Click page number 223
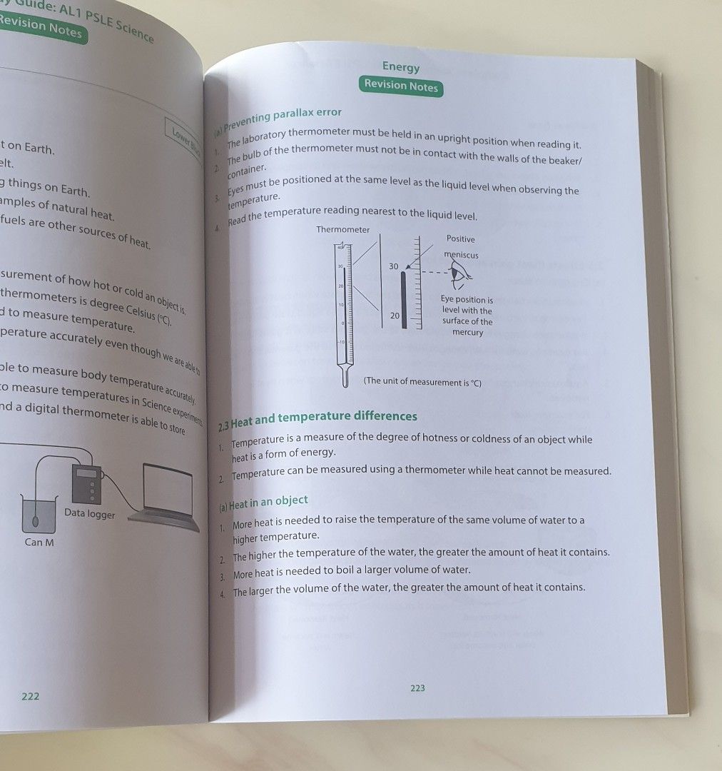coord(417,688)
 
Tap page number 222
coord(30,696)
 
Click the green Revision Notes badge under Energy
coord(401,85)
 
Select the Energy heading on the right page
coord(401,66)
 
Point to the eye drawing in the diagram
coord(460,274)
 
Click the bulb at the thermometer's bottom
coord(345,377)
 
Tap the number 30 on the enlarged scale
coord(394,266)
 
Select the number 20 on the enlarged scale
coord(395,316)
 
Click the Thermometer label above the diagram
coord(343,230)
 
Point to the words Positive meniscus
coord(461,247)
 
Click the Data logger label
coord(89,513)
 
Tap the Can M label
coord(39,542)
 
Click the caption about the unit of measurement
coord(422,382)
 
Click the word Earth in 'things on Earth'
coord(74,191)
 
